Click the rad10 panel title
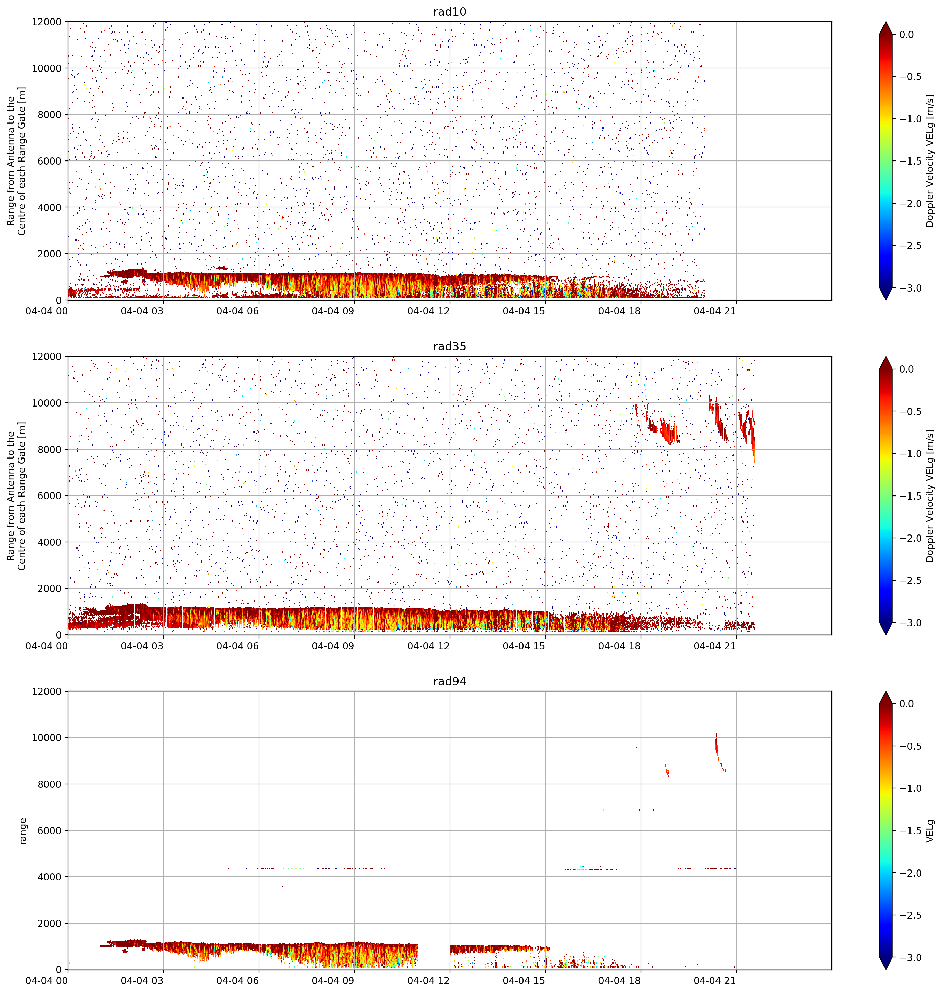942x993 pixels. click(449, 12)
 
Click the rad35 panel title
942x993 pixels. click(449, 346)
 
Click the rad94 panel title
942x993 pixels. click(449, 681)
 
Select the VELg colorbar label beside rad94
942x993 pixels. click(930, 831)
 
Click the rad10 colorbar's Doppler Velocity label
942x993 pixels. click(930, 160)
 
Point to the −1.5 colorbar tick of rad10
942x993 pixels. click(910, 161)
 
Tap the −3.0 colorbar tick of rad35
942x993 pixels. click(910, 622)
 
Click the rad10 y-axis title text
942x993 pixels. click(16, 160)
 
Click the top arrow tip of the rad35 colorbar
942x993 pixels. click(886, 357)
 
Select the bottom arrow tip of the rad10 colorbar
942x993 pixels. click(886, 300)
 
